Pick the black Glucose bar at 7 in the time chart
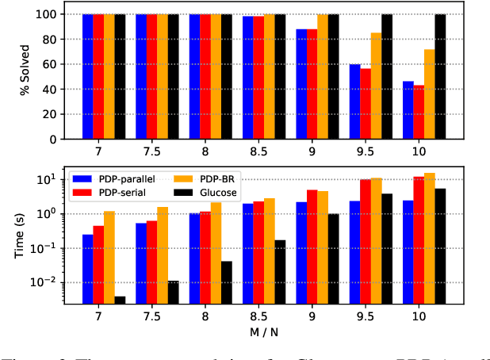click(120, 300)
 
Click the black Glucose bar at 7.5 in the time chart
click(173, 292)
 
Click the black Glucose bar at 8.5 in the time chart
click(280, 272)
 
